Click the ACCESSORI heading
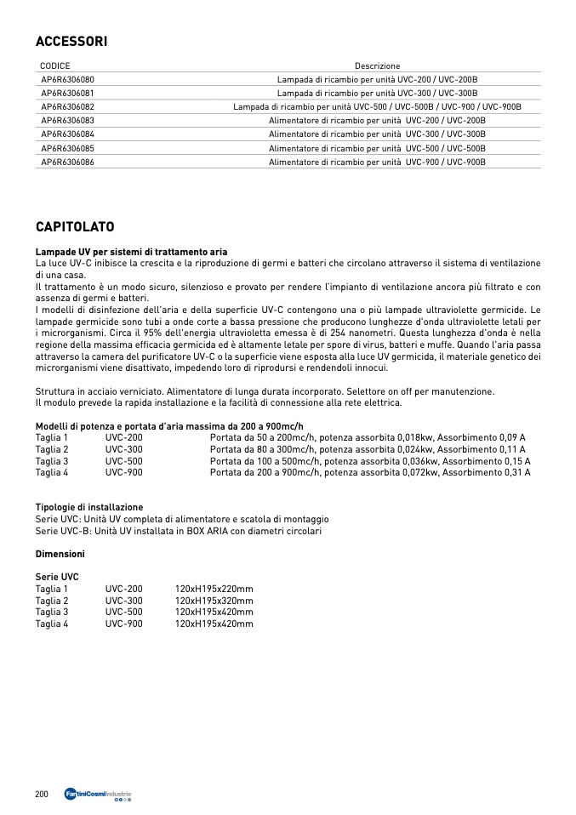71,41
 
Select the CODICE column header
55,66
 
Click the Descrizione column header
377,66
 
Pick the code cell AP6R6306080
67,79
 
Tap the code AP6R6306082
67,106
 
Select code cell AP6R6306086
67,162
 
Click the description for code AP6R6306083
377,121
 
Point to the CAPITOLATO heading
75,227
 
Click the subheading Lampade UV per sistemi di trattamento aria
131,252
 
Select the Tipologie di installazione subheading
89,507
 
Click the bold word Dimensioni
60,554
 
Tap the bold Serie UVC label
57,577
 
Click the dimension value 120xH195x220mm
214,589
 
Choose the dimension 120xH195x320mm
214,601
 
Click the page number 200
42,794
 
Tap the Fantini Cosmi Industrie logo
98,795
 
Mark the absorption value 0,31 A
517,472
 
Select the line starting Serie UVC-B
179,531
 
